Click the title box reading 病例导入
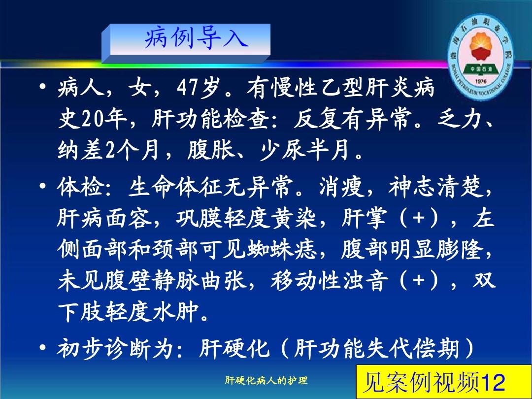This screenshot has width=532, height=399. pyautogui.click(x=190, y=39)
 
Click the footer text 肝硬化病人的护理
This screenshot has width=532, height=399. pyautogui.click(x=266, y=380)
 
